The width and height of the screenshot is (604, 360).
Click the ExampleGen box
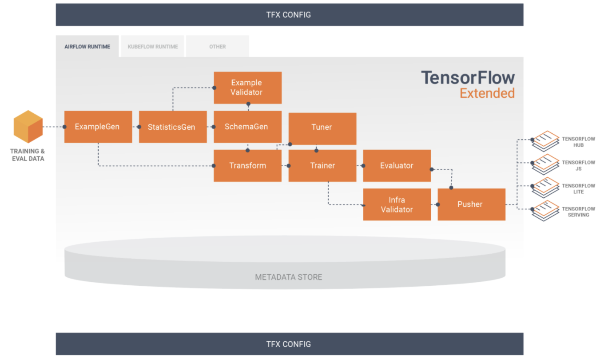pyautogui.click(x=98, y=127)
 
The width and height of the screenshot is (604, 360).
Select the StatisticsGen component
pyautogui.click(x=173, y=127)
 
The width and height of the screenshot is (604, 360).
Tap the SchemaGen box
pyautogui.click(x=247, y=127)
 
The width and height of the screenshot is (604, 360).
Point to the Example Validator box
pyautogui.click(x=247, y=88)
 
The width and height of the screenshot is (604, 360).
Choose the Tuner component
pyautogui.click(x=322, y=129)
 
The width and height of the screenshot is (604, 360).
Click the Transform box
pyautogui.click(x=247, y=166)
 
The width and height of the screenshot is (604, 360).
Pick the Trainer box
pyautogui.click(x=322, y=166)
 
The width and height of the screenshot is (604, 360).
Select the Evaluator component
pyautogui.click(x=397, y=166)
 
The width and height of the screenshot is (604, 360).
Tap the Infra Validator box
pyautogui.click(x=397, y=204)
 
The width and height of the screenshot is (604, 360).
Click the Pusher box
pyautogui.click(x=472, y=204)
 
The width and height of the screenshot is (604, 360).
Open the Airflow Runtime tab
pyautogui.click(x=87, y=46)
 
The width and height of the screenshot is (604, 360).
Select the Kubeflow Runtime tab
pyautogui.click(x=153, y=46)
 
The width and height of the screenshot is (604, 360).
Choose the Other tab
pyautogui.click(x=218, y=46)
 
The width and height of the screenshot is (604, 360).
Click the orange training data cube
pyautogui.click(x=28, y=127)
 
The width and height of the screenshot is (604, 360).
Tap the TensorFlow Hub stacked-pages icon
pyautogui.click(x=545, y=141)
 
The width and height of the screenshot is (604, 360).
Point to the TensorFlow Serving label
pyautogui.click(x=578, y=212)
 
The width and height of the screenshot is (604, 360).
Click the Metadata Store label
pyautogui.click(x=289, y=277)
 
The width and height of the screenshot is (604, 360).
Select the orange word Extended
pyautogui.click(x=487, y=93)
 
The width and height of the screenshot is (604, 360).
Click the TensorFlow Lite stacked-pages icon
pyautogui.click(x=545, y=188)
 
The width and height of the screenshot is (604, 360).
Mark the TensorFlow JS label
pyautogui.click(x=578, y=165)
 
